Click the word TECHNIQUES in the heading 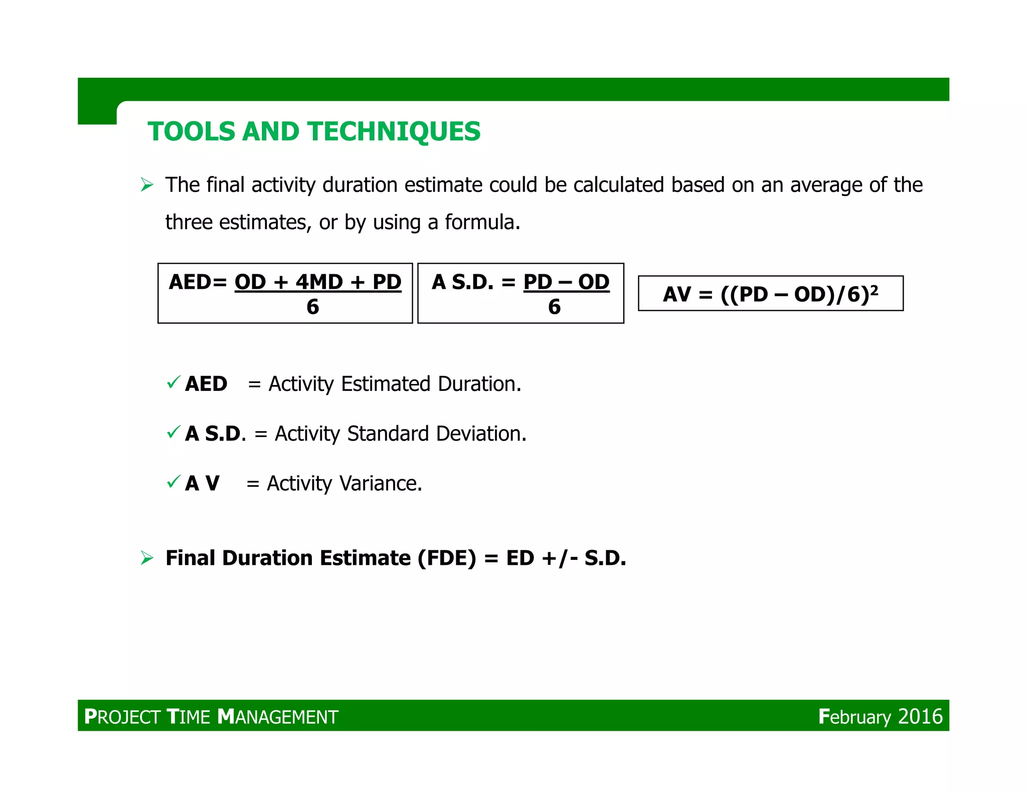click(x=394, y=132)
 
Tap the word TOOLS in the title click(x=191, y=132)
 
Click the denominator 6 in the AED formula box click(x=312, y=307)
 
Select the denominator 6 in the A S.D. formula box click(x=554, y=307)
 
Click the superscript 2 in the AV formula click(x=874, y=289)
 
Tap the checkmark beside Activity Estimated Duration click(x=174, y=383)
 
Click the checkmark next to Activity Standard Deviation click(x=174, y=432)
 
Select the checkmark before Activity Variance click(x=174, y=482)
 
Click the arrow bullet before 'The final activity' click(x=147, y=185)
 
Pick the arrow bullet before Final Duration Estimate click(x=147, y=558)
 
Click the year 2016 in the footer click(x=920, y=717)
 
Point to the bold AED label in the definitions click(x=206, y=384)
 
